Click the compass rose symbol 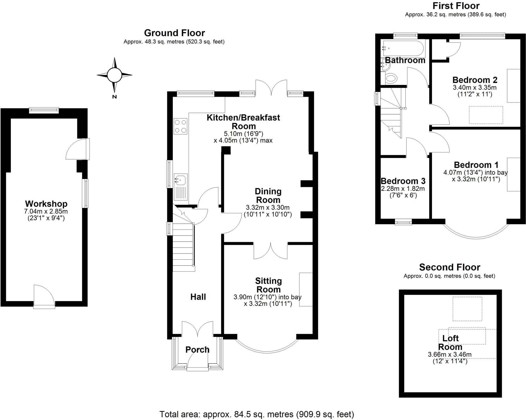(x=114, y=75)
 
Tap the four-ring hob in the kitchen (x=180, y=126)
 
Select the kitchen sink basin (x=181, y=180)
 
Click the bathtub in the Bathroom (x=403, y=48)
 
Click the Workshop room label (x=46, y=204)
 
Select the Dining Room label (x=268, y=196)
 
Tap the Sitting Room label (x=268, y=285)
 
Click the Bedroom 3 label (x=403, y=181)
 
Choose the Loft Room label (x=450, y=343)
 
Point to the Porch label (x=197, y=349)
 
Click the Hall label (x=198, y=297)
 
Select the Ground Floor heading (x=174, y=33)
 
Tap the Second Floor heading (x=449, y=267)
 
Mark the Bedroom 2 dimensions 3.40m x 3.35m (x=475, y=87)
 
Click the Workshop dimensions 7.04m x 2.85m (x=46, y=212)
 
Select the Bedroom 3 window (x=403, y=222)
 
